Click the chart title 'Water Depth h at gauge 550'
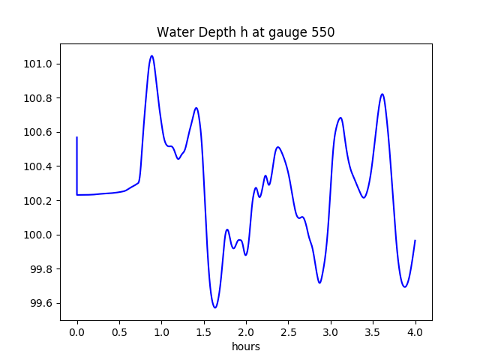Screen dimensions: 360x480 point(245,33)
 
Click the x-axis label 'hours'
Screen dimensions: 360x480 point(245,347)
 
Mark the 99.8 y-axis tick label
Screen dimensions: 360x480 point(41,269)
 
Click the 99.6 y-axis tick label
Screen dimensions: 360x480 point(41,304)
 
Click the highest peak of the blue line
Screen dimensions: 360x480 point(151,55)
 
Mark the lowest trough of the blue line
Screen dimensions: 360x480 point(215,307)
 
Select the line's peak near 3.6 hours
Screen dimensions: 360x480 point(382,94)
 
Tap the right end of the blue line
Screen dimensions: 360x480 point(415,241)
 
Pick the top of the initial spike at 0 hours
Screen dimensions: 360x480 point(77,137)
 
